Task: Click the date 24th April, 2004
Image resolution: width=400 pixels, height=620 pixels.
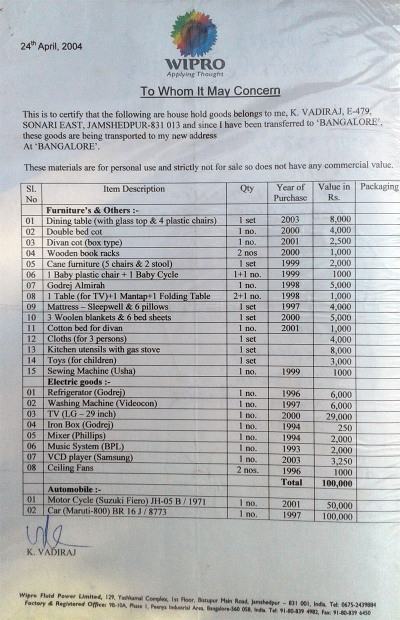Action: (51, 46)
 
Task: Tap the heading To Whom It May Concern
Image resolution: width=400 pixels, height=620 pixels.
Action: (209, 91)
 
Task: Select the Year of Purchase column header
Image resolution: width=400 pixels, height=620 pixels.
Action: (290, 192)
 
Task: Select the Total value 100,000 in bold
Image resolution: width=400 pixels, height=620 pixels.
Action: (334, 483)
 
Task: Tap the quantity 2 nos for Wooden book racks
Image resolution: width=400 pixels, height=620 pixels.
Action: (247, 252)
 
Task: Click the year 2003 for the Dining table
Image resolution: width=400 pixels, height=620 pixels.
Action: (290, 219)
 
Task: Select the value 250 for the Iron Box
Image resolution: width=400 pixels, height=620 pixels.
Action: (344, 427)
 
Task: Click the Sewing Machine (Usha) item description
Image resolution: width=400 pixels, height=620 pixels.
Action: (91, 371)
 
